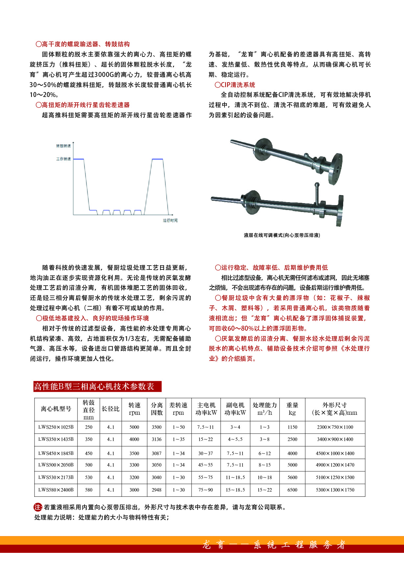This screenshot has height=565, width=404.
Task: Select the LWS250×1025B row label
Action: [x=56, y=427]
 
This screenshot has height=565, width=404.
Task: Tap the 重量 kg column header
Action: [x=292, y=409]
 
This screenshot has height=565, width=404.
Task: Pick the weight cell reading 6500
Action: [x=292, y=490]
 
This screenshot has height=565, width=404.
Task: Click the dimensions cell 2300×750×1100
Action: [x=335, y=427]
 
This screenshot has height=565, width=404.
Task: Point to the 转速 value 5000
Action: [x=134, y=427]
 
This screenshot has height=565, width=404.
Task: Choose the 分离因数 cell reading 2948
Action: [x=156, y=490]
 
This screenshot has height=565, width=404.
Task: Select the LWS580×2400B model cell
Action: [x=56, y=490]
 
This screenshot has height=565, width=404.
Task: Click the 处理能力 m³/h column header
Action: [x=265, y=409]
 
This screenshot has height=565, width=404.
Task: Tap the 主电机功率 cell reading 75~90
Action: [x=205, y=490]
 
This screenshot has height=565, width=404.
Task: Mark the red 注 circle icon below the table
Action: [x=38, y=507]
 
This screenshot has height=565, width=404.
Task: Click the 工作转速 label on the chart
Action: [x=63, y=159]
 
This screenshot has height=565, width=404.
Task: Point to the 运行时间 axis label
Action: [x=170, y=220]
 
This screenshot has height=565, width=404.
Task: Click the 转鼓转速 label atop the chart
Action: [x=63, y=146]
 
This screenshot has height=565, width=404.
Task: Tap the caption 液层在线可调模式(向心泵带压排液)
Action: [x=282, y=235]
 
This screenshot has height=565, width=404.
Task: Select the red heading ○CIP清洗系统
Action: [x=235, y=85]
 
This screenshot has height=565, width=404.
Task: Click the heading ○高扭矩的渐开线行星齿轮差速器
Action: [x=83, y=105]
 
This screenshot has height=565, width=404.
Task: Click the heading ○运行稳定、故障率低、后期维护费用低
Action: [x=271, y=268]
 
